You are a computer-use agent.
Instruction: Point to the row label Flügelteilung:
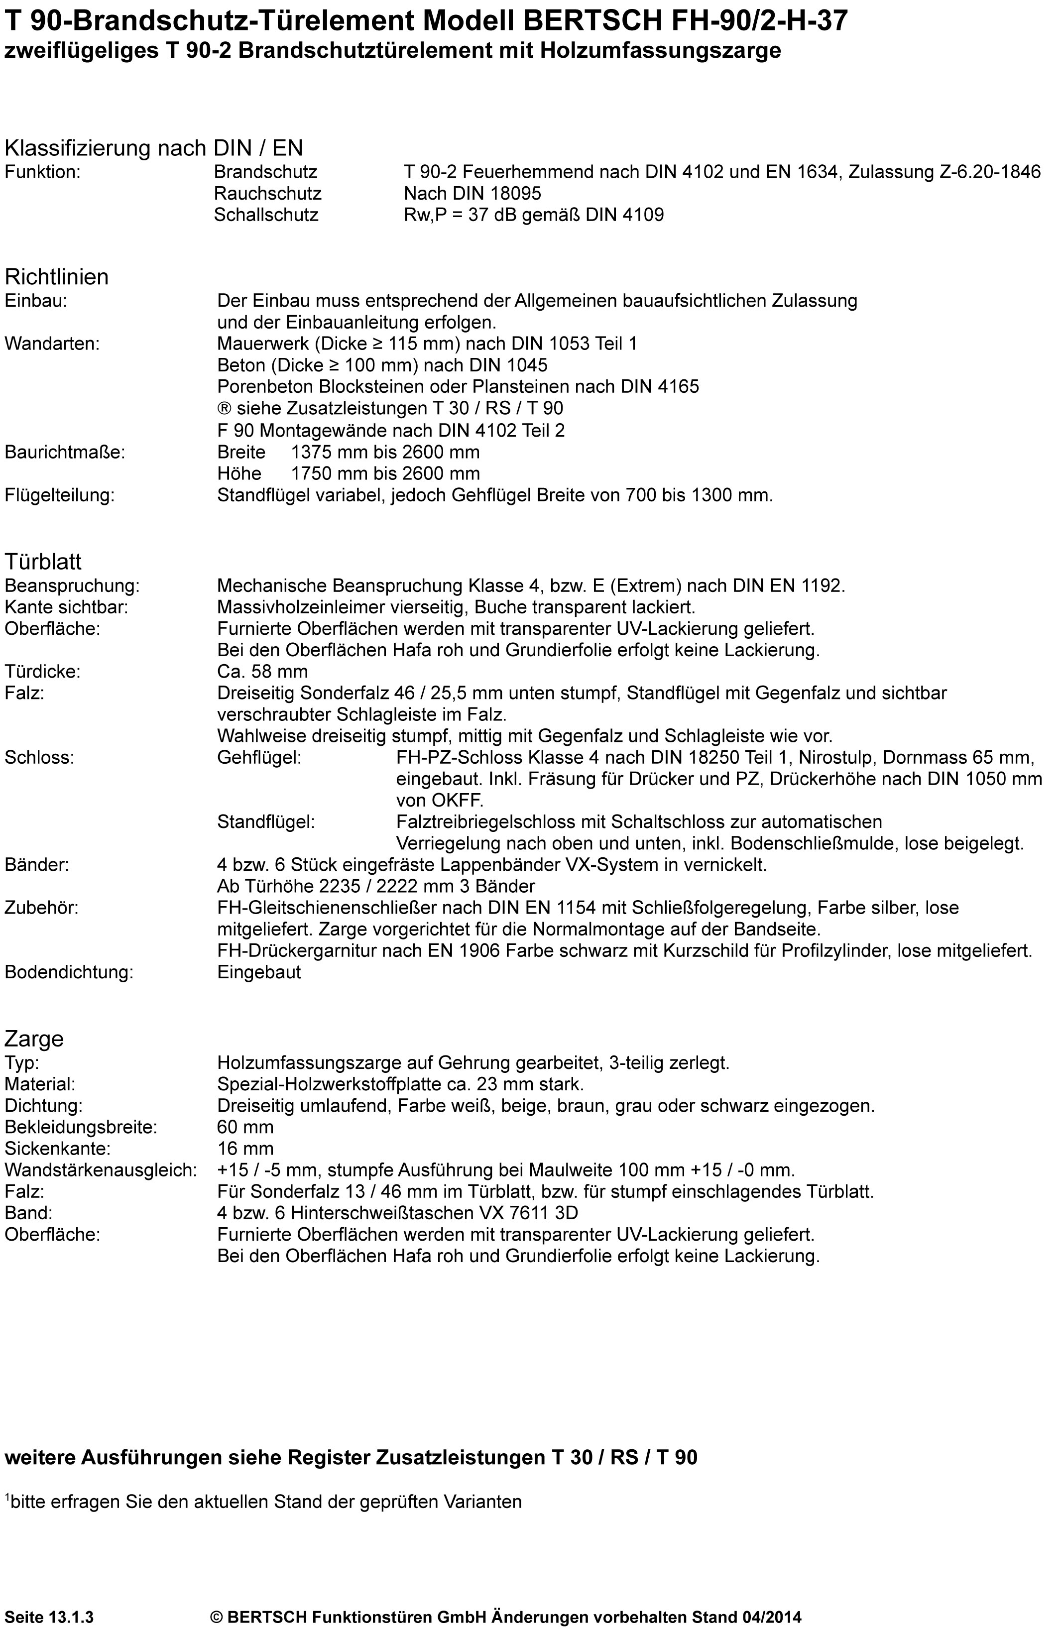pyautogui.click(x=60, y=495)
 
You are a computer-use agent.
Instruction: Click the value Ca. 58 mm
pyautogui.click(x=262, y=672)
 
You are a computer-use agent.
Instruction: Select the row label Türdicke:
pyautogui.click(x=42, y=672)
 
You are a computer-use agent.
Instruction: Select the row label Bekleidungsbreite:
pyautogui.click(x=81, y=1127)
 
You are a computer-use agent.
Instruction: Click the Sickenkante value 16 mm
pyautogui.click(x=245, y=1149)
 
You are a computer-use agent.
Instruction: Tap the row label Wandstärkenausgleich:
pyautogui.click(x=101, y=1170)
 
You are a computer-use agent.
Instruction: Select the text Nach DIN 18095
pyautogui.click(x=472, y=194)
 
